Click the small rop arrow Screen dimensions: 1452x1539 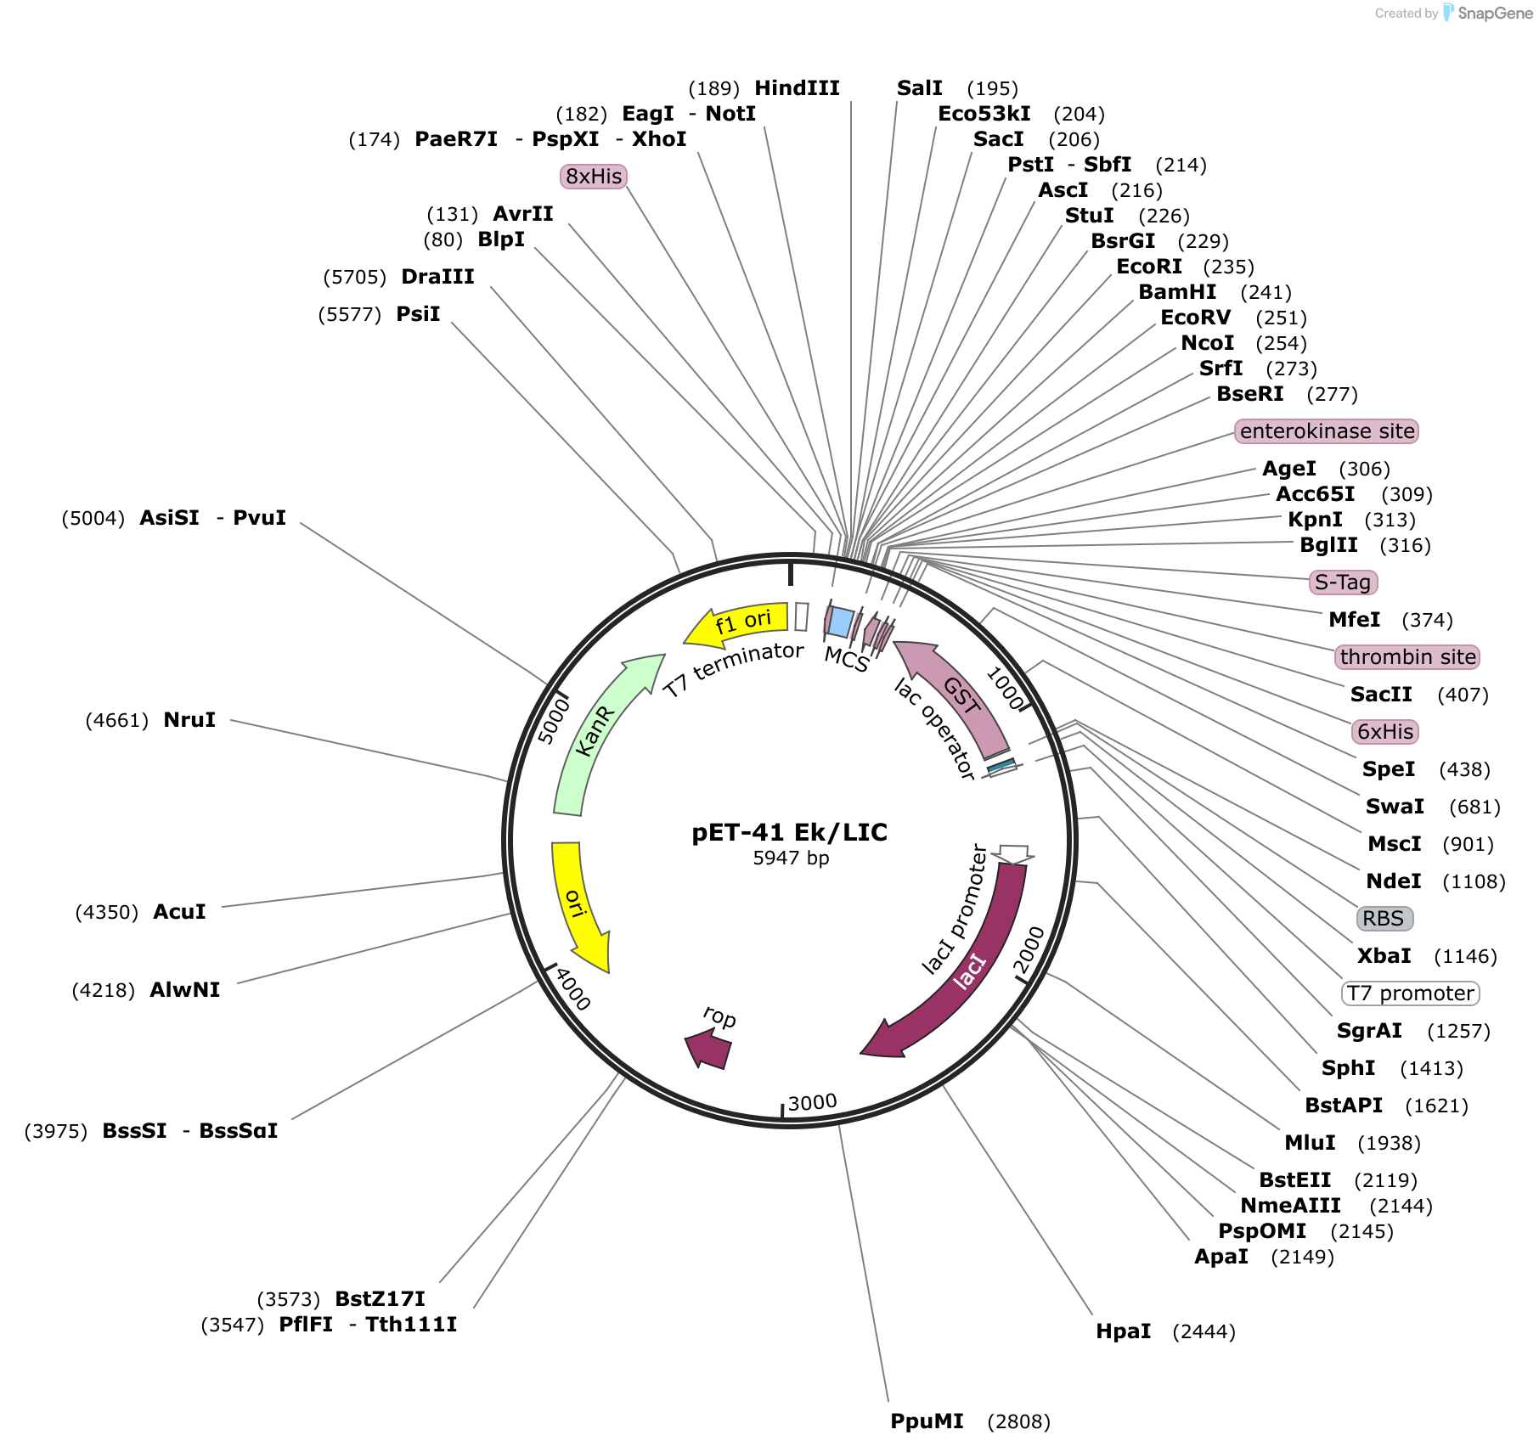click(709, 1048)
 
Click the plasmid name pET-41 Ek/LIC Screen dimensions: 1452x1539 click(789, 832)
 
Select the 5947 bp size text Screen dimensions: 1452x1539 click(790, 858)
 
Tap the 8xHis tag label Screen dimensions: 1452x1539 click(594, 177)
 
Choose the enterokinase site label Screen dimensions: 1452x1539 click(1326, 431)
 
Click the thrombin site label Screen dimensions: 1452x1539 click(1407, 657)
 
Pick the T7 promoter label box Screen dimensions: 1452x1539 click(1410, 993)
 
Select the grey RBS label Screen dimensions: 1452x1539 click(1384, 919)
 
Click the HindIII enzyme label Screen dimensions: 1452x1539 click(797, 88)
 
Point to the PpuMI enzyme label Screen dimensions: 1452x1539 click(927, 1421)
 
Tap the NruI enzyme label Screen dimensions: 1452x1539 click(189, 720)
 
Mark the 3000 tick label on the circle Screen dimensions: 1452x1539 click(812, 1102)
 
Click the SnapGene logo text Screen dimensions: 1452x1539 click(1495, 13)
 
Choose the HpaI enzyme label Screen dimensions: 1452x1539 click(1123, 1331)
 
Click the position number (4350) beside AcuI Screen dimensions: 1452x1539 click(107, 912)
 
